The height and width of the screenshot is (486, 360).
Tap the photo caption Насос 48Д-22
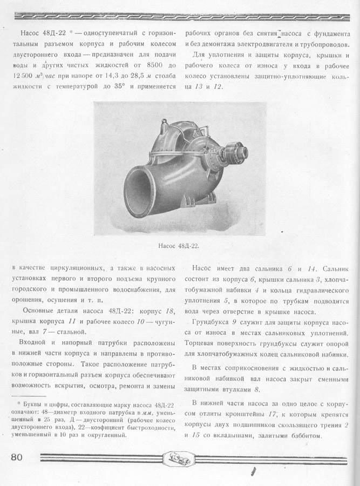click(x=179, y=246)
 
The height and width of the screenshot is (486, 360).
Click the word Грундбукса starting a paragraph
click(x=212, y=322)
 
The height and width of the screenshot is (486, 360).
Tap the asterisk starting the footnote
click(x=19, y=404)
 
